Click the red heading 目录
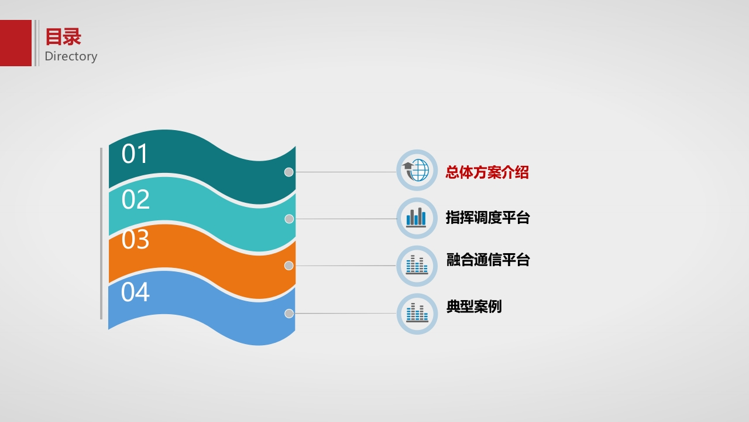tap(63, 37)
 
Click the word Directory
tap(71, 56)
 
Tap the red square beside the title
tap(16, 43)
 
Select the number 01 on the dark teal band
tap(135, 154)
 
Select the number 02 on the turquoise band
tap(135, 199)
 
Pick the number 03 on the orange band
tap(135, 239)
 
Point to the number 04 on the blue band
tap(135, 292)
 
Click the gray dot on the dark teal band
tap(289, 172)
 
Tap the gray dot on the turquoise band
tap(289, 219)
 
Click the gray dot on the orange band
tap(289, 266)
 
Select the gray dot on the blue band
tap(289, 314)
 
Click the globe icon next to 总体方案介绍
tap(417, 170)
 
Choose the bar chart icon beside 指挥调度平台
tap(417, 218)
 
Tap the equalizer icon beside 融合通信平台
tap(417, 266)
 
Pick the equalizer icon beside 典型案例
tap(417, 314)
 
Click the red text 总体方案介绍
tap(487, 172)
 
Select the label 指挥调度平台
tap(488, 217)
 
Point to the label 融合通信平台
tap(488, 260)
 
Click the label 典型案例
tap(474, 306)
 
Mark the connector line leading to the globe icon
tap(345, 172)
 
